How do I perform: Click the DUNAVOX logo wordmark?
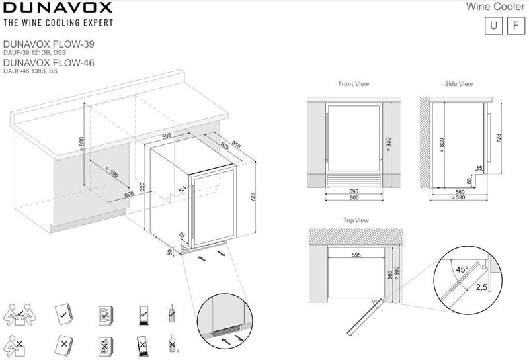[58, 9]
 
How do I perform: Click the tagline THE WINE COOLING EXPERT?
[58, 23]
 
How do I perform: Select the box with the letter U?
[492, 26]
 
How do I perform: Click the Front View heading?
[353, 85]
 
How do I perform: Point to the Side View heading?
[459, 85]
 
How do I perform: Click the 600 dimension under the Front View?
[353, 198]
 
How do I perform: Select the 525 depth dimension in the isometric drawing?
[225, 146]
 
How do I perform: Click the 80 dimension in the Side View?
[469, 179]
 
